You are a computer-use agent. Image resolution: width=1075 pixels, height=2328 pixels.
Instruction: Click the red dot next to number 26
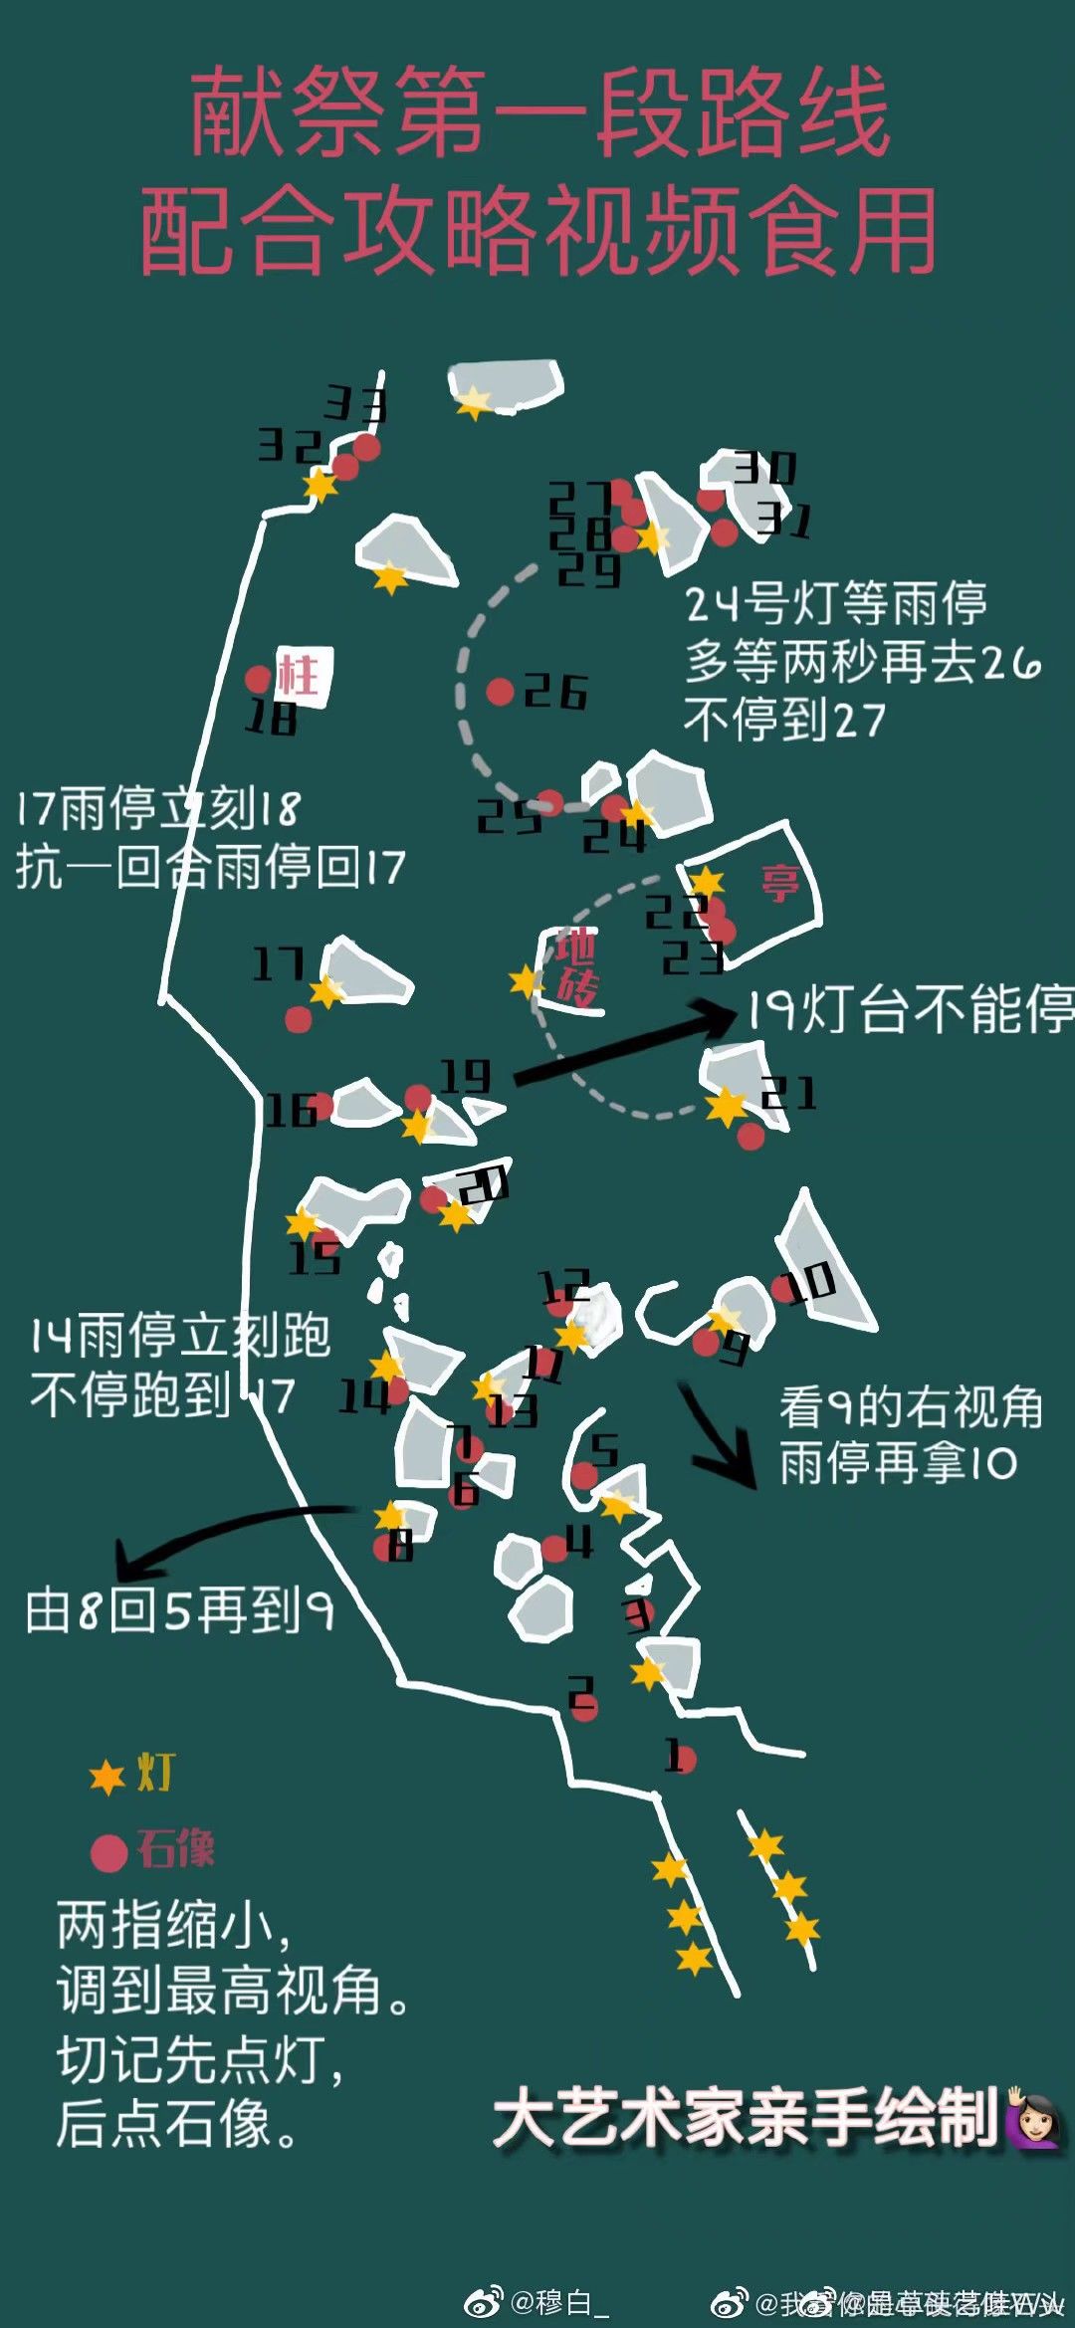[500, 692]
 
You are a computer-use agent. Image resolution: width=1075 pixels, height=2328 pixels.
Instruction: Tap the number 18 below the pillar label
[272, 718]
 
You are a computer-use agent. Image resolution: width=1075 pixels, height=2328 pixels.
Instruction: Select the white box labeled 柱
[303, 676]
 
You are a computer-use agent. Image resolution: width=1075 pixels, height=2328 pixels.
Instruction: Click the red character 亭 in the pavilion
[780, 882]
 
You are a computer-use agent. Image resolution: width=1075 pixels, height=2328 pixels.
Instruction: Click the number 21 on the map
[788, 1093]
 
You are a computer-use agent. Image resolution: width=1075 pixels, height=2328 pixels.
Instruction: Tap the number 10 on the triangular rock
[811, 1283]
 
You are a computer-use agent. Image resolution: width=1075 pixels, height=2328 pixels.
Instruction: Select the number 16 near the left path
[291, 1110]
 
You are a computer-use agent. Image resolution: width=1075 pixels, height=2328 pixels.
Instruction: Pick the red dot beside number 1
[685, 1758]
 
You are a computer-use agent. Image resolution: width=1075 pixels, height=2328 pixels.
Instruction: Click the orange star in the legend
[107, 1778]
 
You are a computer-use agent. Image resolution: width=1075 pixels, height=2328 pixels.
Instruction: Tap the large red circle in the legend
[108, 1852]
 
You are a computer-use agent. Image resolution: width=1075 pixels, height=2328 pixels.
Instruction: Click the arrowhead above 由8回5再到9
[129, 1562]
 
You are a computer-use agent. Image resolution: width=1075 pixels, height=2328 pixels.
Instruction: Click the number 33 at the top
[355, 404]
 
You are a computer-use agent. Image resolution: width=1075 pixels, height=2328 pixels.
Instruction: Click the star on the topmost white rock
[473, 401]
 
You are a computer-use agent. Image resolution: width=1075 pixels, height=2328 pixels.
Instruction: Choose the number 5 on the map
[604, 1449]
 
